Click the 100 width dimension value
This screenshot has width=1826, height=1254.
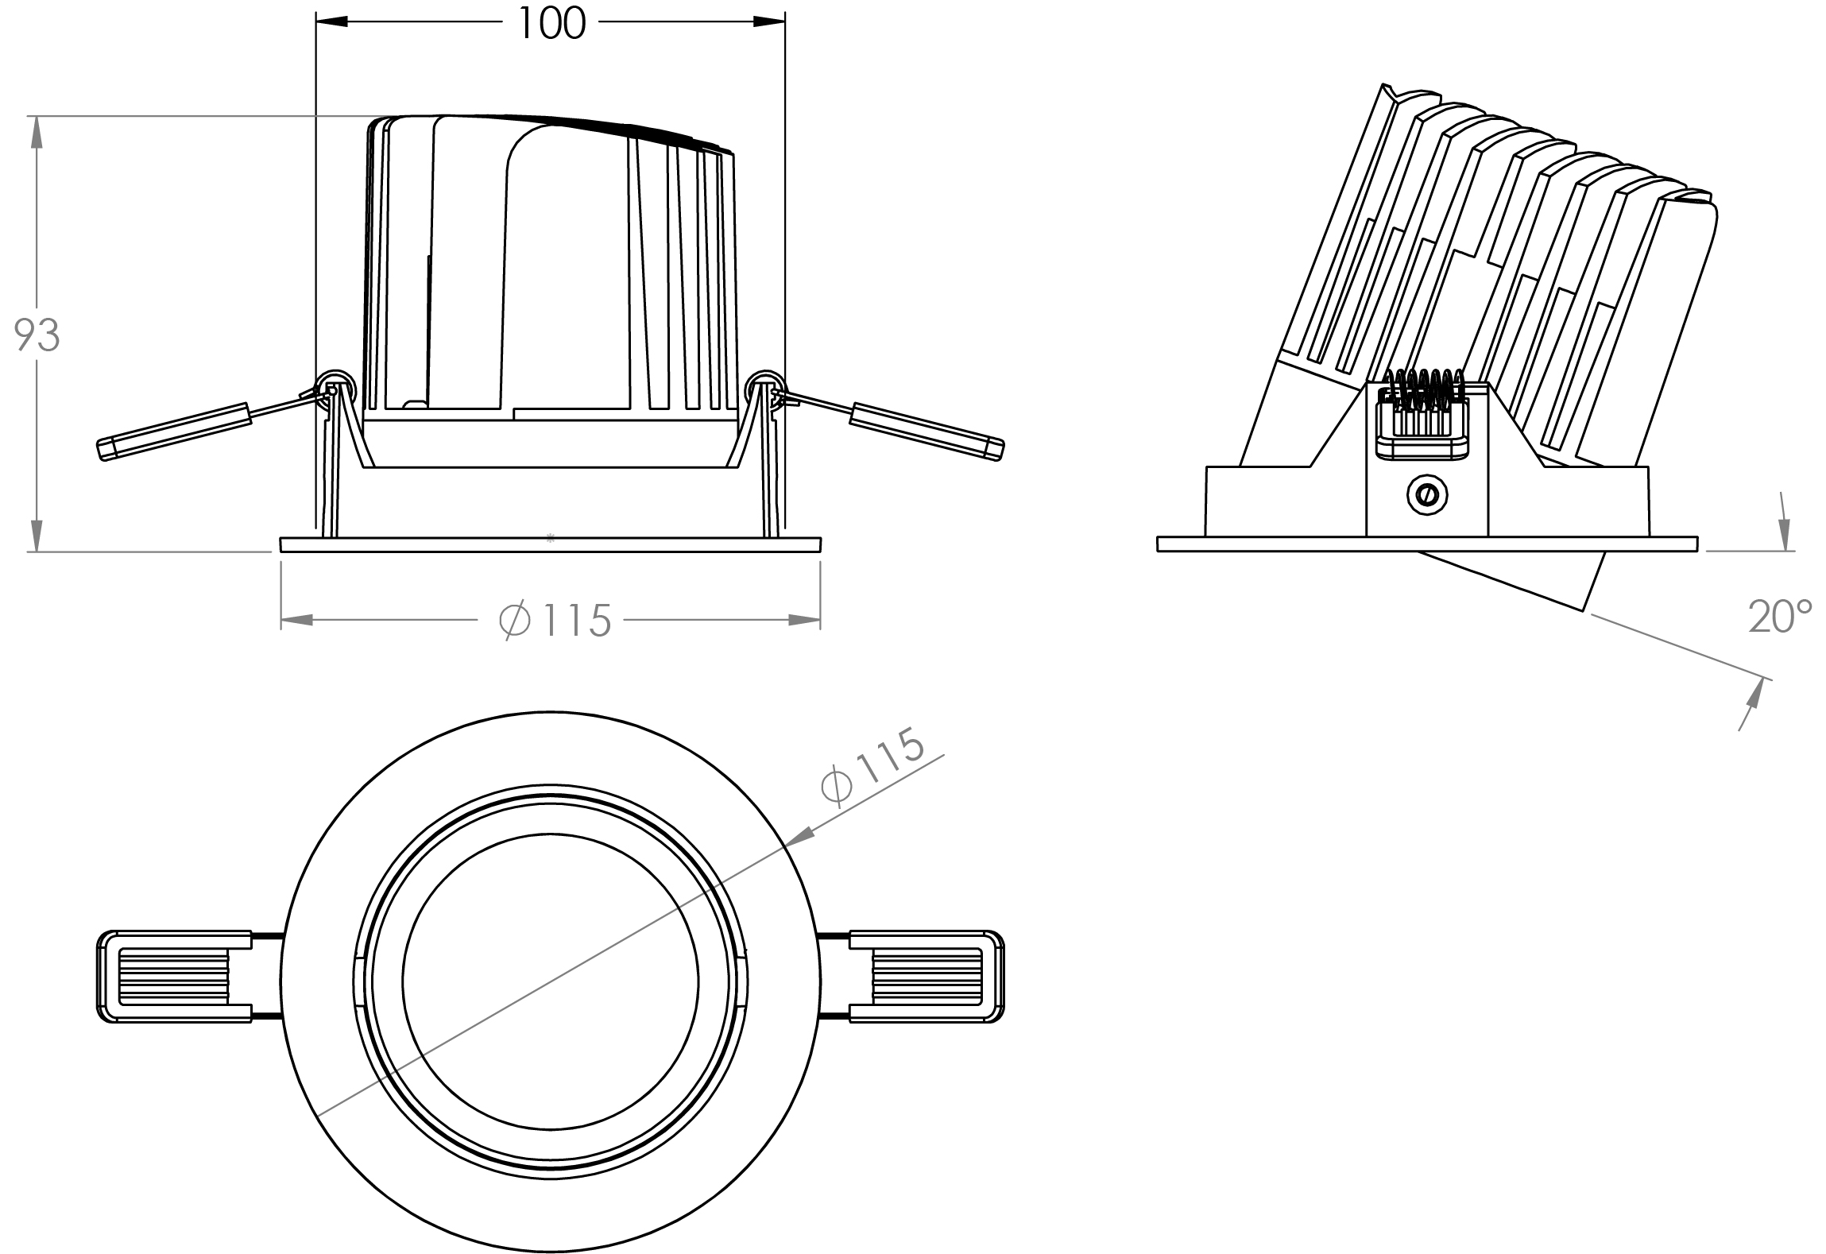[x=551, y=23]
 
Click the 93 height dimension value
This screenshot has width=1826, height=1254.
[x=37, y=335]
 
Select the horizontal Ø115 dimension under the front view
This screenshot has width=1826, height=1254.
[x=555, y=620]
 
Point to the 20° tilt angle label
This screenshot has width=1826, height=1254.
[x=1780, y=616]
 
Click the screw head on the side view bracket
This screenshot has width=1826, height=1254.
[x=1426, y=494]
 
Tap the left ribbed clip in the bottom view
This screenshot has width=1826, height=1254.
[x=175, y=976]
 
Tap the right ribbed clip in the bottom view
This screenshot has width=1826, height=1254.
[x=926, y=976]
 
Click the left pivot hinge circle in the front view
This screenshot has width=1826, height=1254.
[x=335, y=387]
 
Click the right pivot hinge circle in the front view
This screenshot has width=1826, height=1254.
[x=764, y=387]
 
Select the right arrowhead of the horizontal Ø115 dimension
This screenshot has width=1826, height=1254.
[x=804, y=620]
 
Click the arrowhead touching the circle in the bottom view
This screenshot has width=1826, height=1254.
[x=801, y=835]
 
